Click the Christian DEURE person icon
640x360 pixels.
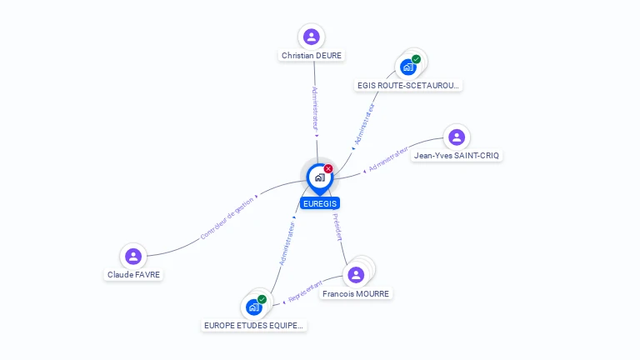312,37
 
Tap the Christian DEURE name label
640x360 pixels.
312,56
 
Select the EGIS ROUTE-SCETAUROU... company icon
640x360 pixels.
408,67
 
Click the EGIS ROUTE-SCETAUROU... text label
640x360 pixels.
408,86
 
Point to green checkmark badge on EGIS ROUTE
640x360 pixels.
416,59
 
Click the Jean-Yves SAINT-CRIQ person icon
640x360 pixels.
457,137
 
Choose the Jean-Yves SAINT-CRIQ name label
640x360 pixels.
457,156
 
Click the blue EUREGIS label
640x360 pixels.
320,203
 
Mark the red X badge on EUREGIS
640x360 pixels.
328,168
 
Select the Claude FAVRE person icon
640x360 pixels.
133,257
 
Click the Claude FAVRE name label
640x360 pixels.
133,275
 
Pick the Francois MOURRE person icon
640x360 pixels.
356,275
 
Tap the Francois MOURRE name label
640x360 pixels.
356,294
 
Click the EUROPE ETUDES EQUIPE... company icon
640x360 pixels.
254,307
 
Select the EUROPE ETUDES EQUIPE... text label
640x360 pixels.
253,326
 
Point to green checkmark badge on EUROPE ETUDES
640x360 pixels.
262,299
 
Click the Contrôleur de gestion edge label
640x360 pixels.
227,219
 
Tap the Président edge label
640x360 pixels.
338,227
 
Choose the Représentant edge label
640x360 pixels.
305,292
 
